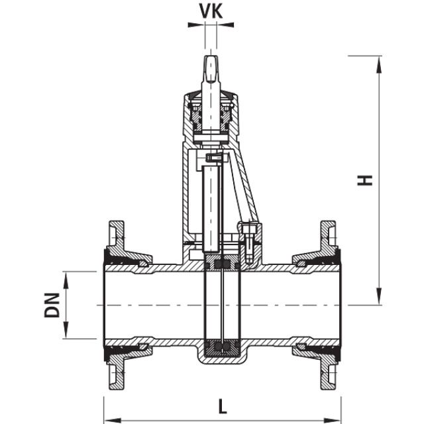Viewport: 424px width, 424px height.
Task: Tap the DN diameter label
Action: [x=52, y=305]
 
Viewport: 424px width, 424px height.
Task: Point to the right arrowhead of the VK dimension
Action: [x=227, y=25]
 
